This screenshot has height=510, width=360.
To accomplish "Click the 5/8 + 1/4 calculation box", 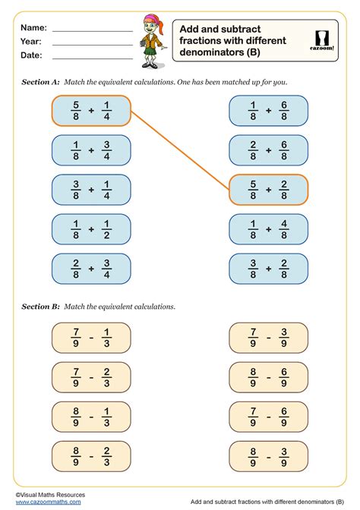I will coord(91,110).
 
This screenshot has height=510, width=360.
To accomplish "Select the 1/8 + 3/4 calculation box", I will coord(91,150).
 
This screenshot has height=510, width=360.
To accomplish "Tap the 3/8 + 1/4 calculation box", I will coord(91,190).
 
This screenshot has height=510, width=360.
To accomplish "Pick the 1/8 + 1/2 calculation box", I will coord(91,229).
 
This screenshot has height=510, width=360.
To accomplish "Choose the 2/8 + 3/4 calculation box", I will coord(91,269).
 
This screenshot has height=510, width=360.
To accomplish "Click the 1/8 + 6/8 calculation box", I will coord(268,110).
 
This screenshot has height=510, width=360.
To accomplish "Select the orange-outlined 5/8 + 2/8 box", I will coord(268,190).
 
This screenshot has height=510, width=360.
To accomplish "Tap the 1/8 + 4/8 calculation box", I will coord(268,229).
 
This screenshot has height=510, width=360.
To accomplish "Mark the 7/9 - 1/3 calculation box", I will coord(91,338).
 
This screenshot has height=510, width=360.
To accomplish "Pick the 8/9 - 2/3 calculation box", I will coord(91,456).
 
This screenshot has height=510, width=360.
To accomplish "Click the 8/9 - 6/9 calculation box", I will coord(268,377).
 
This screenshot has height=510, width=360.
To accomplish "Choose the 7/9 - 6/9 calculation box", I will coord(268,417).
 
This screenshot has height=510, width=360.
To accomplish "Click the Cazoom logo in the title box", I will coord(325,40).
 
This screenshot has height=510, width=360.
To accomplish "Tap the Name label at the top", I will coord(34,27).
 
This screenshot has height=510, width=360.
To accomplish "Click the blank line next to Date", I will coord(92,58).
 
